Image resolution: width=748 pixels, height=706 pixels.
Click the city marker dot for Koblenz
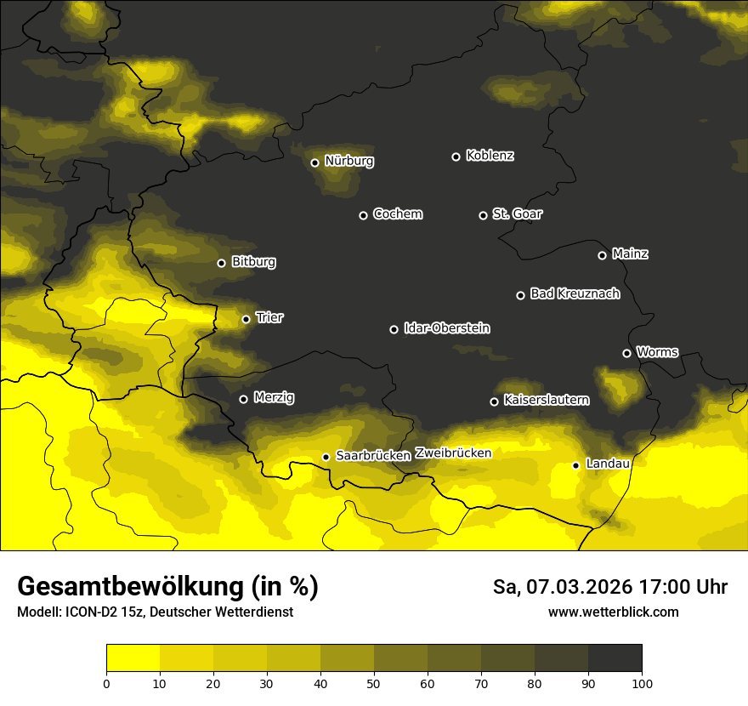tap(456, 157)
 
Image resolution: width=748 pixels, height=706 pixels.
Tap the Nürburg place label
tap(348, 161)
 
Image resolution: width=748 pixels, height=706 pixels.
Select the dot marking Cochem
tap(363, 215)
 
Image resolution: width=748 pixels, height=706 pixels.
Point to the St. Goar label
tap(517, 214)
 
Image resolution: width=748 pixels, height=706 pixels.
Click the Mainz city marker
tap(602, 255)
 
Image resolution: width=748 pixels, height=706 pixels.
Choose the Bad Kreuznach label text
tap(575, 293)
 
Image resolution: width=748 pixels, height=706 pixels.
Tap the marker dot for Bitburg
tap(221, 263)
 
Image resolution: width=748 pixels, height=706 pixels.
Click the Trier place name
tap(269, 317)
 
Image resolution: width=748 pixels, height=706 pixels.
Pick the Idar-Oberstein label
tap(446, 327)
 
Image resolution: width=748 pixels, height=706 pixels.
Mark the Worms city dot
tap(626, 353)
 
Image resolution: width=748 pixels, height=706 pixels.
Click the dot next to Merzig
tap(243, 399)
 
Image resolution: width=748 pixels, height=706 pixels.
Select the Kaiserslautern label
tap(546, 399)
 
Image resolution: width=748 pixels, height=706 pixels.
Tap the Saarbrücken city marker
tap(326, 457)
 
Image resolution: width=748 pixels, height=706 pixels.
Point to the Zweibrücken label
tap(453, 453)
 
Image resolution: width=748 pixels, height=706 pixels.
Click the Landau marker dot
tap(575, 465)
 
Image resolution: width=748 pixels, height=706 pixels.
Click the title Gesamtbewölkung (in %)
tap(167, 587)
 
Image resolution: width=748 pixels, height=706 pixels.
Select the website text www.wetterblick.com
tap(613, 612)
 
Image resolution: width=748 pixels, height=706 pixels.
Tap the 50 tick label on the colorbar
tap(374, 682)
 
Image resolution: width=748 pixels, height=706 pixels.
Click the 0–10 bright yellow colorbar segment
tap(133, 658)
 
